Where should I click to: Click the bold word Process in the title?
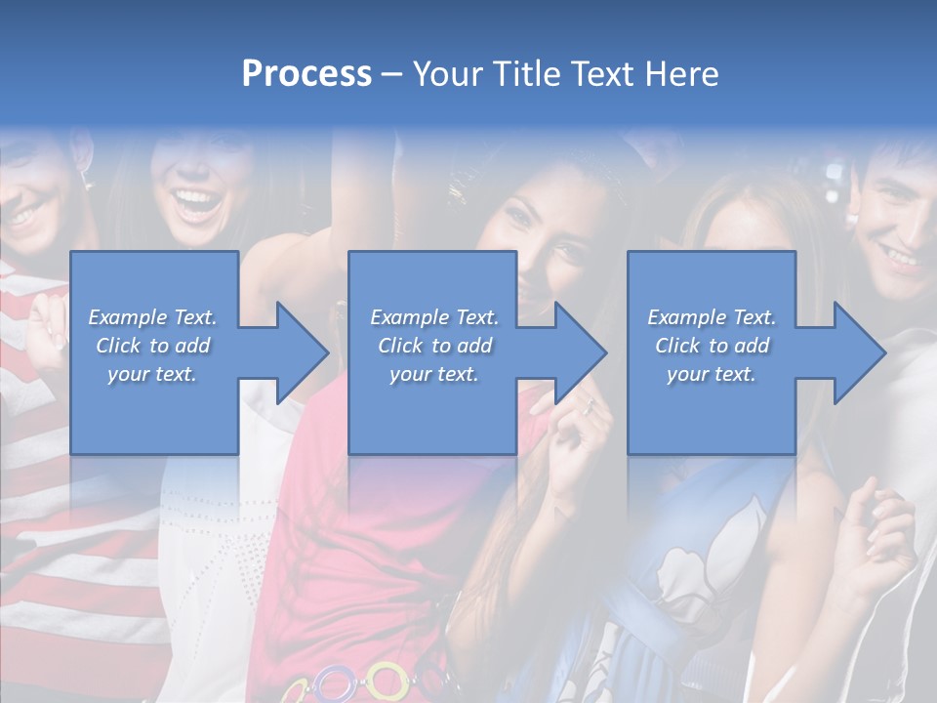point(306,74)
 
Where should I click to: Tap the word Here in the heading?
point(680,74)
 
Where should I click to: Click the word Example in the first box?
point(127,317)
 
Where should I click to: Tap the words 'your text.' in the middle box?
point(433,374)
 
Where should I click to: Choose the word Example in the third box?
point(686,317)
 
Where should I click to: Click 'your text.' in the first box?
point(151,374)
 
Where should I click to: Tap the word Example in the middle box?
point(409,317)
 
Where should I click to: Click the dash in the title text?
point(392,74)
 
